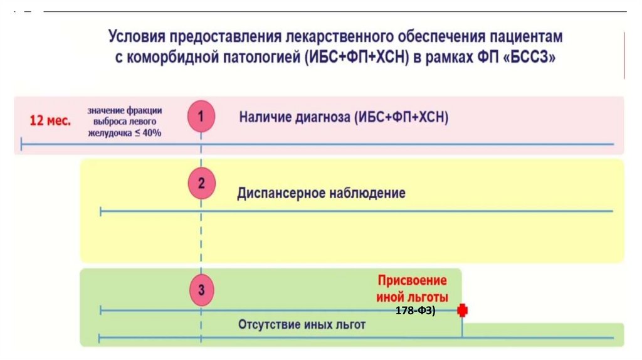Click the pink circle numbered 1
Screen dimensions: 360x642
coord(201,117)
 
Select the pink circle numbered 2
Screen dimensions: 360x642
coord(201,184)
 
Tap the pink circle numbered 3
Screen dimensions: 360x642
coord(201,290)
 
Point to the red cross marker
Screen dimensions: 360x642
coord(463,310)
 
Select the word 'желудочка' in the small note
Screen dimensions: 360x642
coord(108,132)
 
